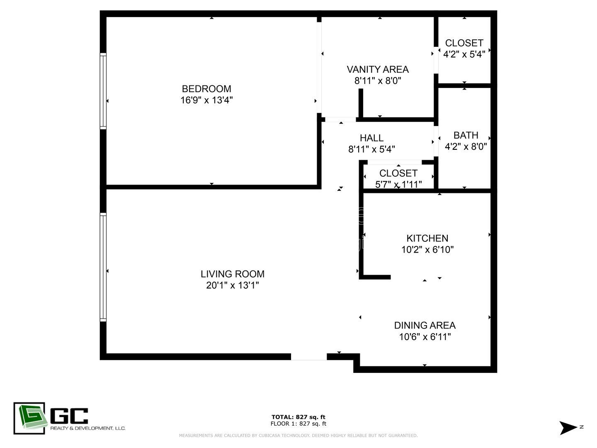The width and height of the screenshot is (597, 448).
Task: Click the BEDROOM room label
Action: point(206,89)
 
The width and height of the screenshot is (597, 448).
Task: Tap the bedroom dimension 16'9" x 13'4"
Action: point(206,100)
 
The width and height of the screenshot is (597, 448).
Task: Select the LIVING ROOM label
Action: point(233,274)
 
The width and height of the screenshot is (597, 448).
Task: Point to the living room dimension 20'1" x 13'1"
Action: point(233,285)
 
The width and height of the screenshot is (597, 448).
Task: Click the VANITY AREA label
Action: point(378,69)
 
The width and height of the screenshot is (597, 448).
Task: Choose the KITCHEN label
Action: point(427,238)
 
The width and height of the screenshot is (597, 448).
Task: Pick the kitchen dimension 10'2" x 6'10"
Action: point(427,250)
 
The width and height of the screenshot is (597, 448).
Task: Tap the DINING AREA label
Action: point(425,325)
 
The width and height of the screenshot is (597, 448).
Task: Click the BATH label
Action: point(466,135)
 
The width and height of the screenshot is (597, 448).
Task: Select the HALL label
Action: point(371,138)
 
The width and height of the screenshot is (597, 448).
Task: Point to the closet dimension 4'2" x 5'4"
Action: point(464,54)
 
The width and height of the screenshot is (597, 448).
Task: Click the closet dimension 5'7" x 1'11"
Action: point(398,184)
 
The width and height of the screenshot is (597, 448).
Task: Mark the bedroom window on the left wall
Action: point(103,90)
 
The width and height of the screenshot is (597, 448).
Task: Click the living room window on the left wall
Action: point(103,267)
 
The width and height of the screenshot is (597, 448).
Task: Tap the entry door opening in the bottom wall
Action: point(309,357)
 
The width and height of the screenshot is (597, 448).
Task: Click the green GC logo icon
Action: point(29,418)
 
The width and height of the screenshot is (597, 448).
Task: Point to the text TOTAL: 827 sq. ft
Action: point(298,417)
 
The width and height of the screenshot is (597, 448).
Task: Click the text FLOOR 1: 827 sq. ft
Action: point(298,424)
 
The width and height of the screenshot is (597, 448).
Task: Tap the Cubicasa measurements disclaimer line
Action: point(298,436)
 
